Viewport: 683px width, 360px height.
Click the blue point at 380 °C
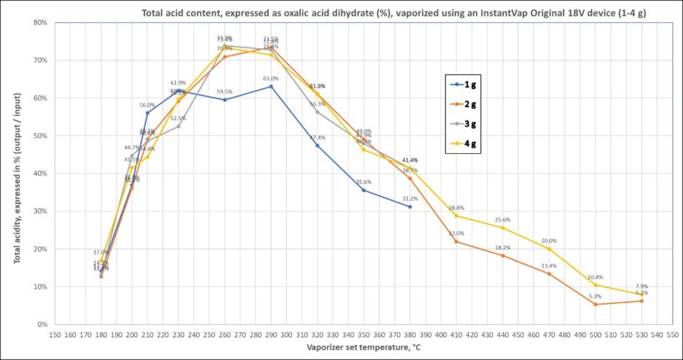click(410, 206)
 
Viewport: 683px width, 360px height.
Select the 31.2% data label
click(410, 198)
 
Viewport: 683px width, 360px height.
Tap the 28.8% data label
click(456, 208)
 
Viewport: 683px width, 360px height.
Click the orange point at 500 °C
click(595, 304)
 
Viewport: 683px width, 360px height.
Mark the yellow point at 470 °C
click(549, 249)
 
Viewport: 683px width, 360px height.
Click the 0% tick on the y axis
click(42, 324)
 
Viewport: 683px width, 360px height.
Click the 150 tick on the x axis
click(55, 335)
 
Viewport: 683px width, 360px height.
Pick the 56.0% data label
click(148, 105)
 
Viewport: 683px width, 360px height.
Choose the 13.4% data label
click(549, 266)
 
